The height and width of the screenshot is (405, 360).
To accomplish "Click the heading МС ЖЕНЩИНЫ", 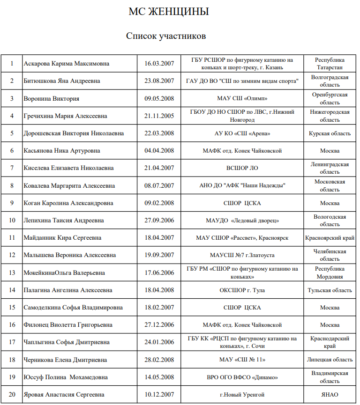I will pyautogui.click(x=169, y=12).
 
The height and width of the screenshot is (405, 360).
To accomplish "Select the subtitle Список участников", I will pyautogui.click(x=166, y=36).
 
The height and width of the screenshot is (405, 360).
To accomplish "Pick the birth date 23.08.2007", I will pyautogui.click(x=159, y=81).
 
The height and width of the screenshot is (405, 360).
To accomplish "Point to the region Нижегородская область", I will pyautogui.click(x=330, y=116).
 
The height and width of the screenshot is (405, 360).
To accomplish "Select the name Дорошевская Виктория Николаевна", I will pyautogui.click(x=74, y=133).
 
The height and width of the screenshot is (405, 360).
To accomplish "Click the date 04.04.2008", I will pyautogui.click(x=159, y=151).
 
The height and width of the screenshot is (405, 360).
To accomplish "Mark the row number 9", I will pyautogui.click(x=12, y=203).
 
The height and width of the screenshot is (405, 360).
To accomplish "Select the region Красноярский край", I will pyautogui.click(x=330, y=238).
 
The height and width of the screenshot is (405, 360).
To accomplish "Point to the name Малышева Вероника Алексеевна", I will pyautogui.click(x=69, y=255).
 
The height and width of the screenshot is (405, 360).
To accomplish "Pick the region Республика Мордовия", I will pyautogui.click(x=330, y=272).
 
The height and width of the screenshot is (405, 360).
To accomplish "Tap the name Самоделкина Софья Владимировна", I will pyautogui.click(x=73, y=308).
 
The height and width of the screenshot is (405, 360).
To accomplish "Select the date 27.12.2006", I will pyautogui.click(x=159, y=325).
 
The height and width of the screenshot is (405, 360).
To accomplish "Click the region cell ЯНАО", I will pyautogui.click(x=330, y=395).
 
